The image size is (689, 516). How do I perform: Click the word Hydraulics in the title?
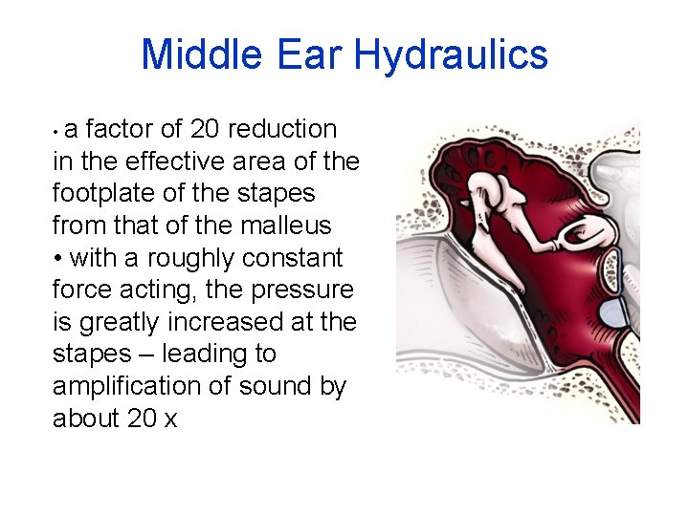451,55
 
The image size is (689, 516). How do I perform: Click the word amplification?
125,386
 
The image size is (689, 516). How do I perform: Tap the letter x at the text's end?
170,419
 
